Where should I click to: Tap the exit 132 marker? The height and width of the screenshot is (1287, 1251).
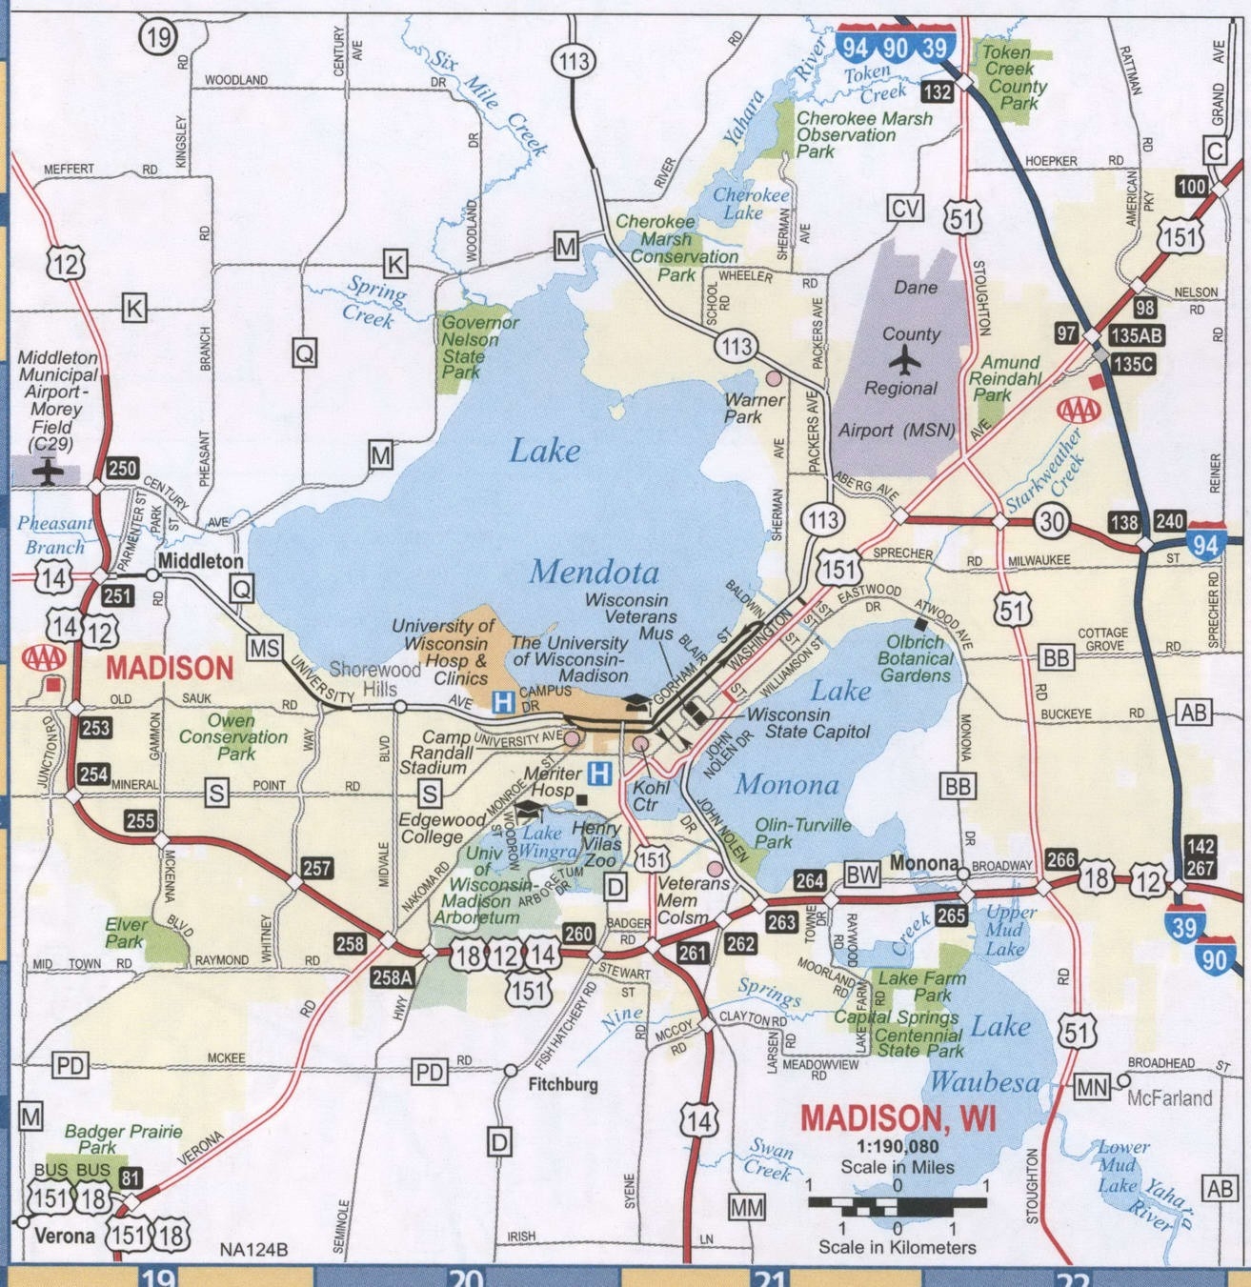tap(938, 91)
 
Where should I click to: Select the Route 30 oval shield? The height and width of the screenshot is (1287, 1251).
tap(1051, 521)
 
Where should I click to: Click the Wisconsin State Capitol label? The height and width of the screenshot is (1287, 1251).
tap(808, 723)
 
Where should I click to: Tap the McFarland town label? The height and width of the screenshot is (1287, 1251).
tap(1169, 1098)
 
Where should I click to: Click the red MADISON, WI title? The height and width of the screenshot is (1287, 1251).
tap(898, 1116)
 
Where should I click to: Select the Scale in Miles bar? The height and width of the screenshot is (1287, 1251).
tap(897, 1202)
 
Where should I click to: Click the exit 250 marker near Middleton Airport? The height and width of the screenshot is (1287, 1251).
tap(122, 468)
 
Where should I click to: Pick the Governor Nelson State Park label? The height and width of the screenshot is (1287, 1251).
tap(479, 347)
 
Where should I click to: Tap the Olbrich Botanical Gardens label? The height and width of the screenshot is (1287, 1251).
tap(915, 658)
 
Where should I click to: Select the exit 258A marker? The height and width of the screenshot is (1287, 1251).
tap(392, 976)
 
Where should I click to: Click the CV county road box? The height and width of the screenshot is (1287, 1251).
tap(904, 208)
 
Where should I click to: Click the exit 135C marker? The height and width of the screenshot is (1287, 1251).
tap(1132, 363)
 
